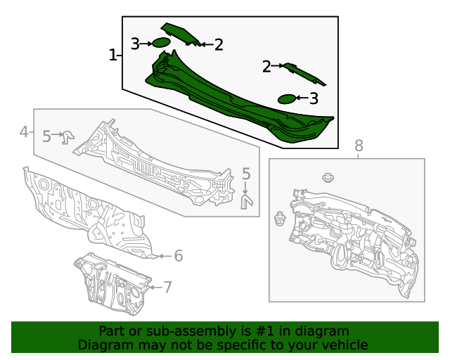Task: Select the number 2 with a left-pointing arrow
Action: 219,45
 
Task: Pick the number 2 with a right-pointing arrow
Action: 266,67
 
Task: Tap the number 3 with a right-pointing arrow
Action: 135,44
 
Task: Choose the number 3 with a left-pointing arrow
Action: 314,98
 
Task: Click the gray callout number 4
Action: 23,131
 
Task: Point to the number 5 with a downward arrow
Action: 246,174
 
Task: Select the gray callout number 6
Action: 179,256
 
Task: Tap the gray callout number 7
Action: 167,286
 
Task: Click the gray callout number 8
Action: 359,146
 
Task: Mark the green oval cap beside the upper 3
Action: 161,43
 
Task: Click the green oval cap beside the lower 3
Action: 287,98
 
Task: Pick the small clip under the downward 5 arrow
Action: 247,202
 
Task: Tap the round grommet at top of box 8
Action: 326,177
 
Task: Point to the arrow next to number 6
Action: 161,256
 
